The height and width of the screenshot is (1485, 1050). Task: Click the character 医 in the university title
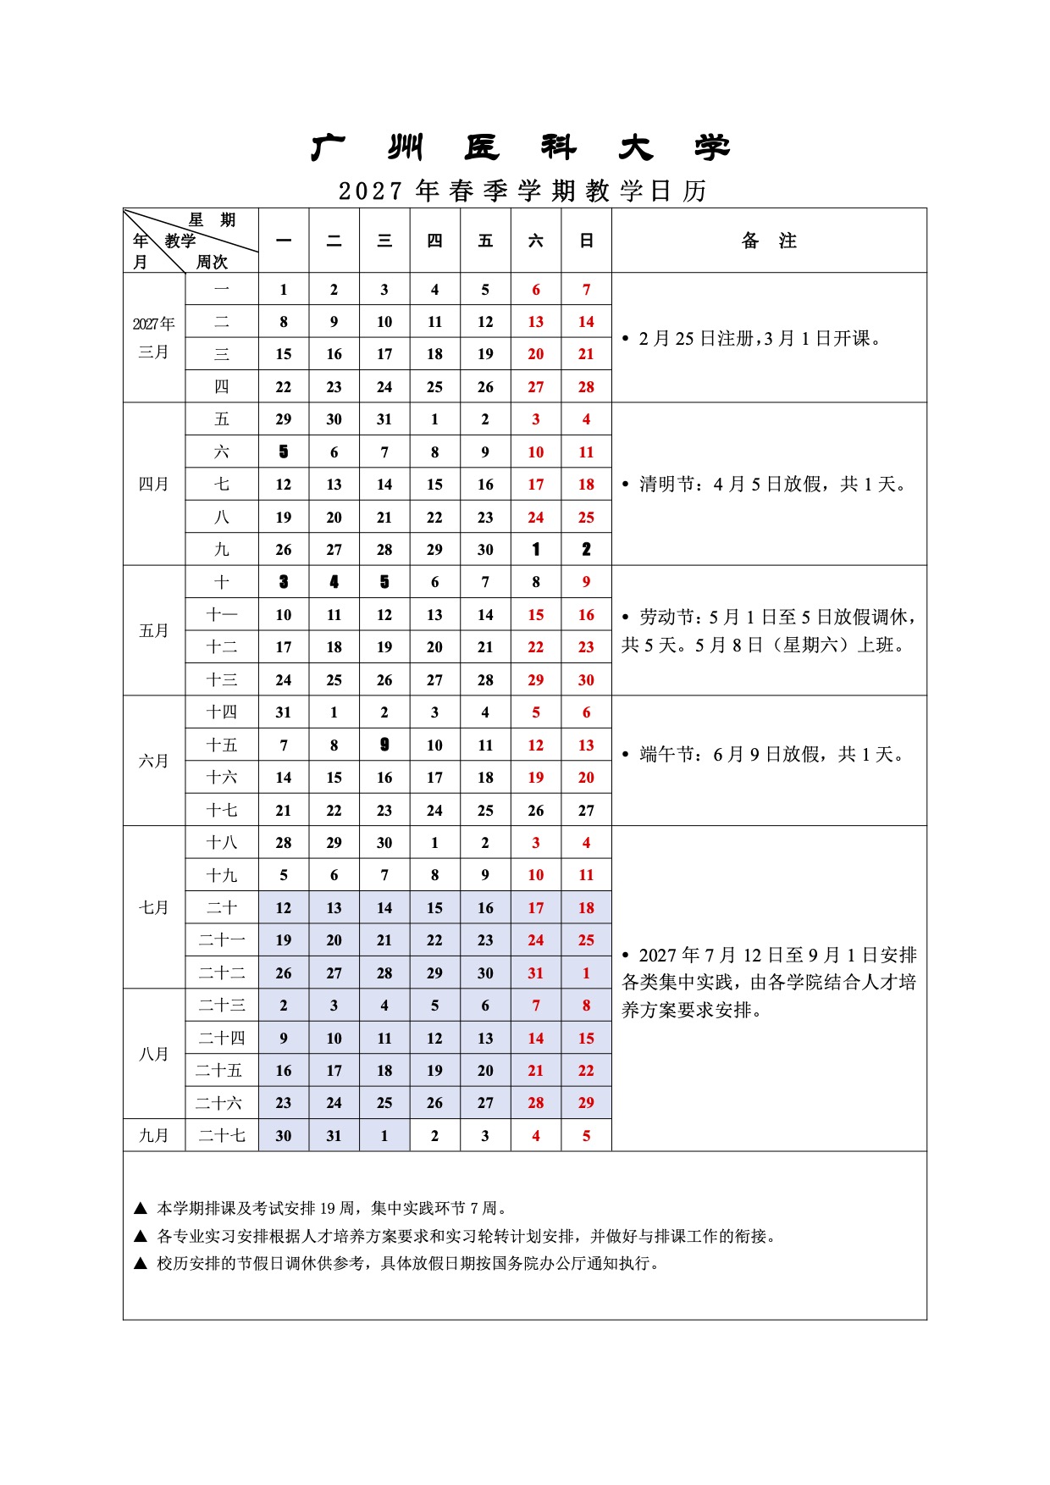click(482, 148)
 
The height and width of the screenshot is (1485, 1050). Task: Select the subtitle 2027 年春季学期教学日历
click(522, 191)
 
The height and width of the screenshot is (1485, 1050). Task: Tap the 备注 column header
click(769, 241)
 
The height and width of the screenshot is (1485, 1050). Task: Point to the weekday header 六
click(536, 241)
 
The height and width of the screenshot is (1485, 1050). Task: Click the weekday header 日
click(586, 241)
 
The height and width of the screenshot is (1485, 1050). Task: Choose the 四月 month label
click(153, 485)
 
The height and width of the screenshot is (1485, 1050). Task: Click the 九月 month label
click(153, 1136)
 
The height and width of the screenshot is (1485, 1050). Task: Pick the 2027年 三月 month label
click(153, 338)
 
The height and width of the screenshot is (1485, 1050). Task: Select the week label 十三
click(222, 680)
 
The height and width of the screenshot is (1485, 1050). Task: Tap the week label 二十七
click(222, 1136)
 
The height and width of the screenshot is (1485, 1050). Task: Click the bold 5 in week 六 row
click(284, 452)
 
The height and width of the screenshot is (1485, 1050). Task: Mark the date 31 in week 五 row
click(384, 419)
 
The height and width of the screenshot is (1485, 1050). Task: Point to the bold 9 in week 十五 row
click(384, 745)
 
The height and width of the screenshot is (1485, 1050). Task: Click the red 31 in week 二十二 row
click(536, 973)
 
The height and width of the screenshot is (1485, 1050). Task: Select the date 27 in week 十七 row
click(586, 811)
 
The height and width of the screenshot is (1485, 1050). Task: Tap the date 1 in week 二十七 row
click(384, 1136)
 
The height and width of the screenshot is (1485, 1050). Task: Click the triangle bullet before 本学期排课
click(141, 1209)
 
